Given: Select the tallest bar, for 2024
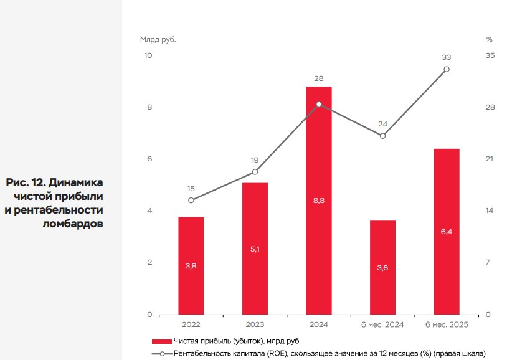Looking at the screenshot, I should click(318, 200).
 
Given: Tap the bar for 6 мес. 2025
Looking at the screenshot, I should click(446, 231).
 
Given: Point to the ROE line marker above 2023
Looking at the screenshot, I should click(255, 171).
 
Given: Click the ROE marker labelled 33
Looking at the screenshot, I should click(446, 69).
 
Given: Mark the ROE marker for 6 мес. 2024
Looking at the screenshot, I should click(382, 135).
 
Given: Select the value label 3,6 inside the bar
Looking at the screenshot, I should click(382, 268).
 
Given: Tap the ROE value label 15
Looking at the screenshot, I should click(191, 189).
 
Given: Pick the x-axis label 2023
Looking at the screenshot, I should click(255, 325).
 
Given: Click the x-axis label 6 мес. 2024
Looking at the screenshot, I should click(382, 325).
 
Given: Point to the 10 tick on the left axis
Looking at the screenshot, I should click(148, 55).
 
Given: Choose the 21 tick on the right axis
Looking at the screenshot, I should click(490, 159).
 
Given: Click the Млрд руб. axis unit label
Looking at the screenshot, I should click(158, 39).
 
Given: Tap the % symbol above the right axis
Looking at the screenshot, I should click(489, 39).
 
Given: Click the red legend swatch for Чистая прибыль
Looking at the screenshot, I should click(161, 341).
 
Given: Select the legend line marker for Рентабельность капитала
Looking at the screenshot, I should click(161, 353).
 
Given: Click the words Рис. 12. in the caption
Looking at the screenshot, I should click(25, 182).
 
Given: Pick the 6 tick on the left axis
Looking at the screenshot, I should click(149, 159).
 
